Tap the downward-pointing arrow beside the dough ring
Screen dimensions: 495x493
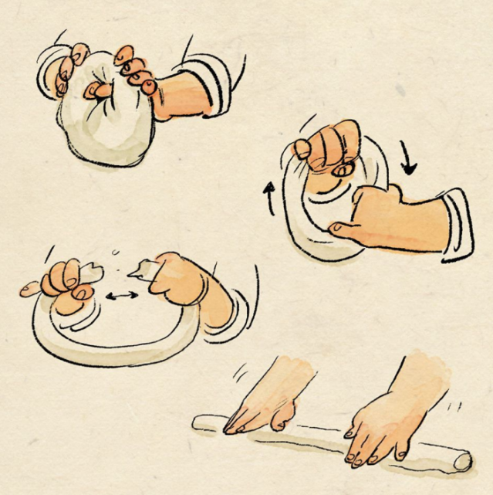point(408,158)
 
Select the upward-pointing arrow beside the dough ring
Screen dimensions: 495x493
point(270,197)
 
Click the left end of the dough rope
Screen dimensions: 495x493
point(199,421)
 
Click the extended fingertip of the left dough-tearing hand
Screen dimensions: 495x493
point(29,290)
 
